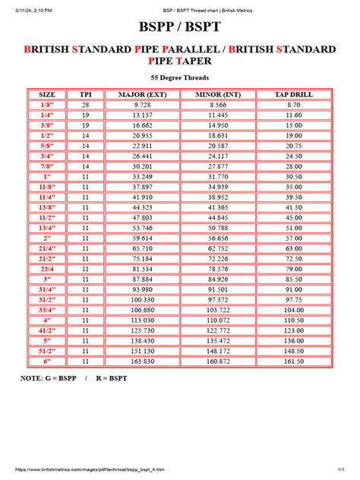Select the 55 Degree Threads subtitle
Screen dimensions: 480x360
[179, 77]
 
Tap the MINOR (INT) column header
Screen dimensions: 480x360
[218, 94]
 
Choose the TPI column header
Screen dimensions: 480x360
[86, 94]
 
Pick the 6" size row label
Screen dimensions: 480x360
[48, 362]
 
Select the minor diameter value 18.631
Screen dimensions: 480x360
[218, 134]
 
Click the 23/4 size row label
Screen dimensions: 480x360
[48, 268]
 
